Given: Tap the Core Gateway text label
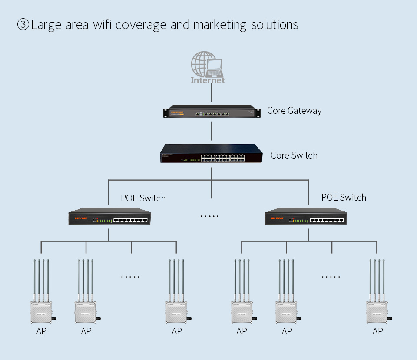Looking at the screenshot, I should (294, 111).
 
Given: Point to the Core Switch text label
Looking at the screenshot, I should (294, 155).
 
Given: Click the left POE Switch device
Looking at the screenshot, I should (109, 217).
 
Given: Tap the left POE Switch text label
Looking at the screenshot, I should (143, 198).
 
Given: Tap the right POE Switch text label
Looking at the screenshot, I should (344, 198).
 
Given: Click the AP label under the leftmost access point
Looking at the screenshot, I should (41, 331).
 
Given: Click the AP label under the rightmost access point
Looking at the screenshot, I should (377, 331).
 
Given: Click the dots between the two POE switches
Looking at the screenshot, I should (209, 216).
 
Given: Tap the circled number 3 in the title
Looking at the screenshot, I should (23, 25).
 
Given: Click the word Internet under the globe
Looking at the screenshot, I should (208, 80).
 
